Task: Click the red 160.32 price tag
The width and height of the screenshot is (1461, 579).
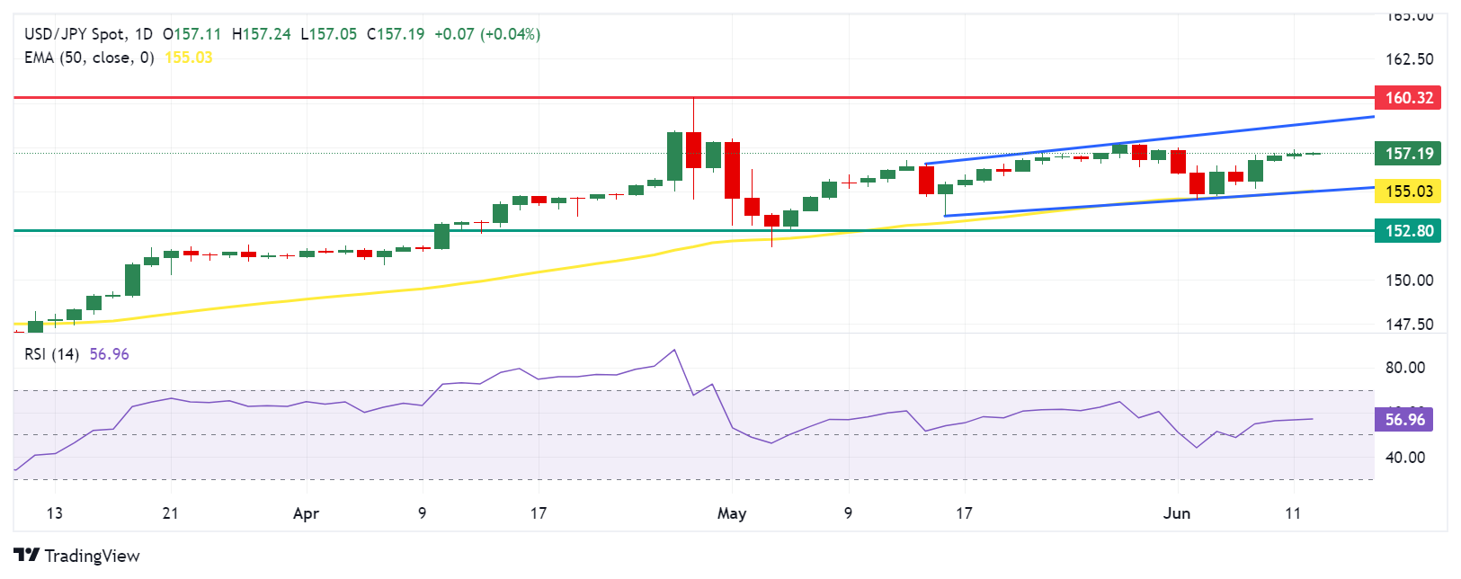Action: (1408, 97)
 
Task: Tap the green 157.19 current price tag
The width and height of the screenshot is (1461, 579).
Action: (1408, 153)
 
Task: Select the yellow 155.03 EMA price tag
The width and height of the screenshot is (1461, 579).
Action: (1408, 191)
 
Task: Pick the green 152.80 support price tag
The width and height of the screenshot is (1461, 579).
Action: (1408, 231)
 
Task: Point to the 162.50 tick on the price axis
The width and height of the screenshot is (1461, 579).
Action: (1409, 59)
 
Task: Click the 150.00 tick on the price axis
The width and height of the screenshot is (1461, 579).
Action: (1409, 281)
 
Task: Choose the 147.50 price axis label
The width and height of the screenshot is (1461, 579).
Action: (1409, 325)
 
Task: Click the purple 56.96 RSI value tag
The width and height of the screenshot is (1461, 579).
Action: (1404, 420)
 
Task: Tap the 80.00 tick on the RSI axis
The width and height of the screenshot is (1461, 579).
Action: (1405, 368)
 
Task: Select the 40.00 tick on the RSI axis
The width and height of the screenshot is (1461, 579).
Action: (1405, 458)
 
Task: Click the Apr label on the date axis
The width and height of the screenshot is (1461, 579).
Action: (307, 513)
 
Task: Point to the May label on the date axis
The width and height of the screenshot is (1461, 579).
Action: (732, 513)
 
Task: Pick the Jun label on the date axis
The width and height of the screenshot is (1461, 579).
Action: (1176, 513)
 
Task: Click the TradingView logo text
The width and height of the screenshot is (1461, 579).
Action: (91, 556)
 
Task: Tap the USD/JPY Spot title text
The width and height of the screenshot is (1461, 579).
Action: (76, 34)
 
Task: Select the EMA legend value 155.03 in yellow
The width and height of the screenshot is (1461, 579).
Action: (189, 58)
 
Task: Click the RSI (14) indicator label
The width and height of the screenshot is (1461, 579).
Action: (51, 354)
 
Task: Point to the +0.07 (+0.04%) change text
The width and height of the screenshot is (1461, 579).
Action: (486, 34)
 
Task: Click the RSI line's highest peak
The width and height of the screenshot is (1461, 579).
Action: (674, 350)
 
